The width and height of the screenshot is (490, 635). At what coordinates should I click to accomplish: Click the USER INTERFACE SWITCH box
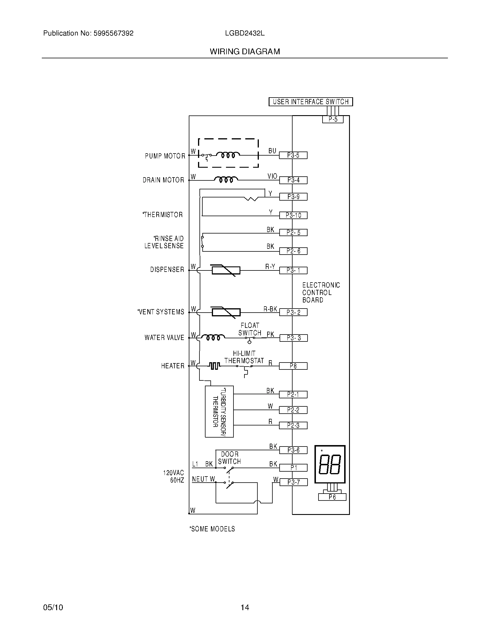[310, 102]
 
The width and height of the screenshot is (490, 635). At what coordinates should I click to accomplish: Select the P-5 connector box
[333, 119]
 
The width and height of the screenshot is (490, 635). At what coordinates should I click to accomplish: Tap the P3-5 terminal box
[293, 155]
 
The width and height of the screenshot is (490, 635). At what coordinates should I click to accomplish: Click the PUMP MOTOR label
[165, 156]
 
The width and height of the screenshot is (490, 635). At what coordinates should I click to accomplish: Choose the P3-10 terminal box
[293, 215]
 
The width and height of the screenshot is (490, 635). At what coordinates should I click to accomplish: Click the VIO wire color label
[272, 176]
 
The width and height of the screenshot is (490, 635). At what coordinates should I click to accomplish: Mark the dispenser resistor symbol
[226, 270]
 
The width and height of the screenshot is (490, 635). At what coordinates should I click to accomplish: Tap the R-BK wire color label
[270, 309]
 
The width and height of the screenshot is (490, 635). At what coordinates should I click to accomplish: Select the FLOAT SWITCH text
[250, 329]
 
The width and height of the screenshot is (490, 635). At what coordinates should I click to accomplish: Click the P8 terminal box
[293, 366]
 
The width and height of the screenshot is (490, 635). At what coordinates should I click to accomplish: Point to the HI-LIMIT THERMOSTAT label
[244, 357]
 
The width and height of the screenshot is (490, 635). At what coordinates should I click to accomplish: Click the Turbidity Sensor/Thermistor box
[219, 411]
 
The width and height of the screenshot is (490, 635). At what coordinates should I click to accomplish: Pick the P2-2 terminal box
[293, 410]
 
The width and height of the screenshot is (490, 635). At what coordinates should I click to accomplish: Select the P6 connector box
[332, 497]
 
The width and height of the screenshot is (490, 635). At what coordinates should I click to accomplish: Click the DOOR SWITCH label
[229, 458]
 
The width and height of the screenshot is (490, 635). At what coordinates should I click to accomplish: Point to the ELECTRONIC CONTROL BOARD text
[321, 292]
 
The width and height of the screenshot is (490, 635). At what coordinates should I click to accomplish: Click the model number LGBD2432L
[245, 33]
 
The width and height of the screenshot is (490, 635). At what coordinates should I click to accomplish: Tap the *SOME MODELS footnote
[212, 529]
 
